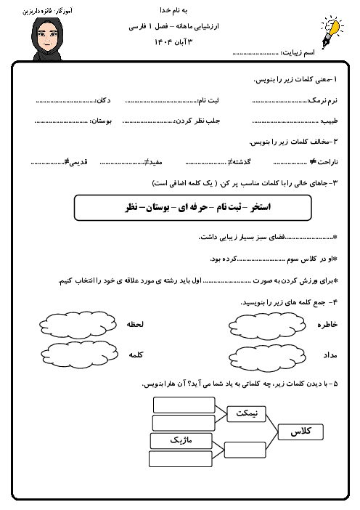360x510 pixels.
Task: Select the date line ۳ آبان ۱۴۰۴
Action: [180, 40]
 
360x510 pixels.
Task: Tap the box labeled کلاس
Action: [300, 432]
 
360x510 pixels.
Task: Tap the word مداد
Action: [330, 356]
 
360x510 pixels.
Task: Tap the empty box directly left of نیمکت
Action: [184, 405]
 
